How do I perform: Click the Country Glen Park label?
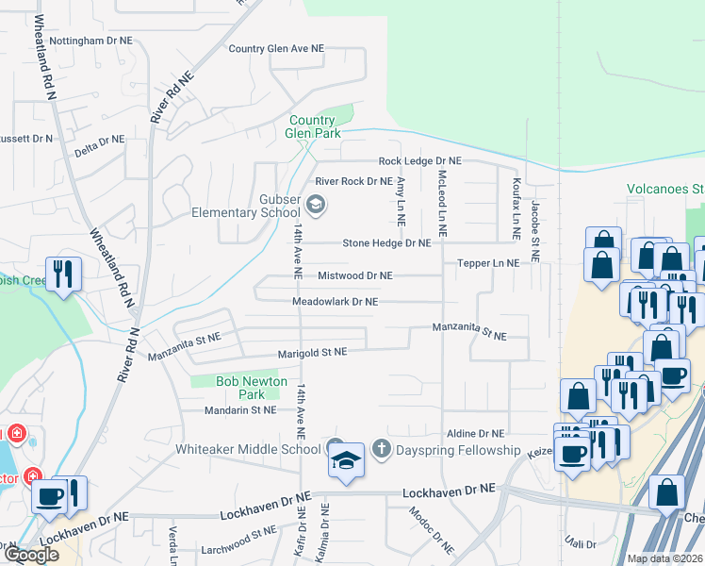(x=312, y=127)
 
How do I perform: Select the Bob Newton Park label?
(x=223, y=388)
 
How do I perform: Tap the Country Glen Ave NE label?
(x=275, y=48)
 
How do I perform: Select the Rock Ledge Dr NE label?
(x=419, y=161)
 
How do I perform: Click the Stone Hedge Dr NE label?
(x=386, y=242)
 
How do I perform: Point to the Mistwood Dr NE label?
(x=354, y=275)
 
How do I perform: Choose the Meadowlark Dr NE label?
(x=335, y=302)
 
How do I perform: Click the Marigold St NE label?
(x=312, y=352)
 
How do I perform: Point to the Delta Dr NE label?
(x=99, y=140)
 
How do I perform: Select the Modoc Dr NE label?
(x=433, y=532)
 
